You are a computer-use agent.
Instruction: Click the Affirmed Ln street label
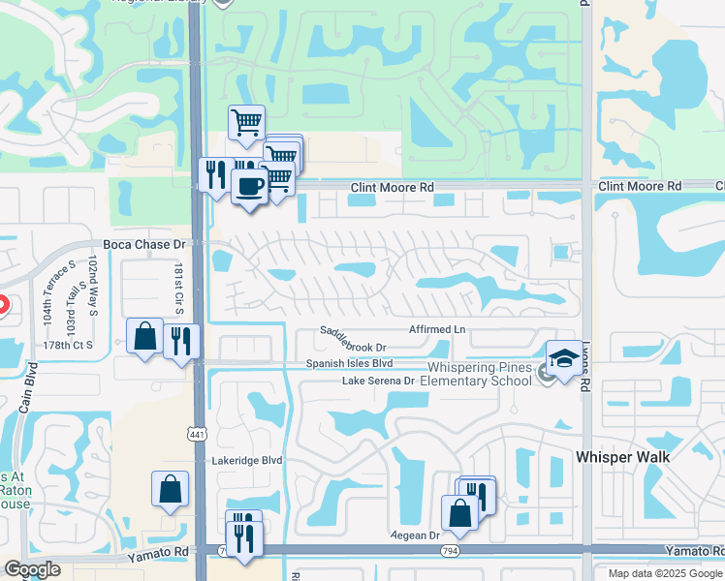coord(437,330)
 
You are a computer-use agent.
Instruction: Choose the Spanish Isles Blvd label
coord(349,363)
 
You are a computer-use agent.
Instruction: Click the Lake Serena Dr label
coord(377,381)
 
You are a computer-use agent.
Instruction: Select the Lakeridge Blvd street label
coord(246,461)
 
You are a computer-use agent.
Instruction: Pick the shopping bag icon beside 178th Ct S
coord(144,337)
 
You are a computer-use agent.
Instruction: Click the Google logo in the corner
coord(32,569)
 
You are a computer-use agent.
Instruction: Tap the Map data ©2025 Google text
coord(664,573)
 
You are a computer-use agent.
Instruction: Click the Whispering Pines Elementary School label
coord(482,374)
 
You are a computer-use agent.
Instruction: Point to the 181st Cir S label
coord(179,288)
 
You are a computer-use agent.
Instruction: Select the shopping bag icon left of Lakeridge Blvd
coord(170,489)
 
